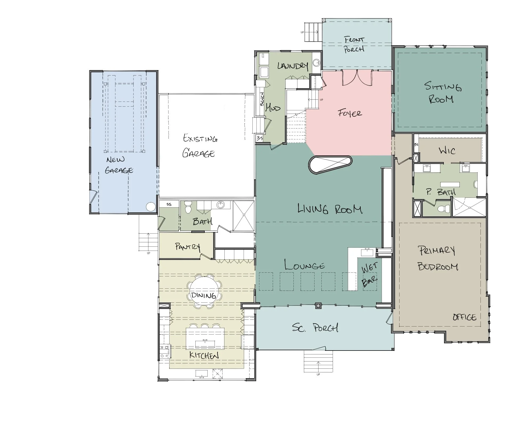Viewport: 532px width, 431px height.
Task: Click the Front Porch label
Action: point(354,45)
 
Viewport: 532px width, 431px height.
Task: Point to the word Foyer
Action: point(350,113)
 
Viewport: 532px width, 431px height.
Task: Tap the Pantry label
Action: point(187,247)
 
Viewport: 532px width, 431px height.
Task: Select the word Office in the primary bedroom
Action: point(464,317)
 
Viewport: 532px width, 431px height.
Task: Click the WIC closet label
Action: point(447,151)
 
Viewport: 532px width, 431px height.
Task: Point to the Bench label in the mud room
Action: point(262,99)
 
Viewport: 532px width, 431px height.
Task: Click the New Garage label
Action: point(119,165)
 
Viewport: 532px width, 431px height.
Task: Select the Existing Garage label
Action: point(199,146)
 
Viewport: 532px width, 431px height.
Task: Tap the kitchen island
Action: point(205,338)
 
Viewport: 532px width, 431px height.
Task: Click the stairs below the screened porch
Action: point(318,361)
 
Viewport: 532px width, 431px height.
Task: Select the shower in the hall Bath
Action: point(244,216)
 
